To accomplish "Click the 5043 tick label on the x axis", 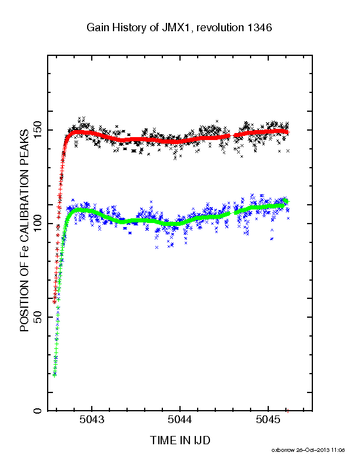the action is (92, 420).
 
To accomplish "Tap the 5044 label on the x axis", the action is (179, 420).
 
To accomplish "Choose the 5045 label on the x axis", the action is (268, 420).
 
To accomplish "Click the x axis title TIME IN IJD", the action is (180, 440).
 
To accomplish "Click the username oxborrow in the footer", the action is (283, 450).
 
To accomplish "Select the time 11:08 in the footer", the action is (338, 450).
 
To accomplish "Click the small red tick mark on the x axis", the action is (288, 411).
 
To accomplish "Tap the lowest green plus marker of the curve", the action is (54, 375).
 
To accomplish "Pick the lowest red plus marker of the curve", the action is (54, 302).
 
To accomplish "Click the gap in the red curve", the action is (232, 135).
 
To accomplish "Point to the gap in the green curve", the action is (232, 213).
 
